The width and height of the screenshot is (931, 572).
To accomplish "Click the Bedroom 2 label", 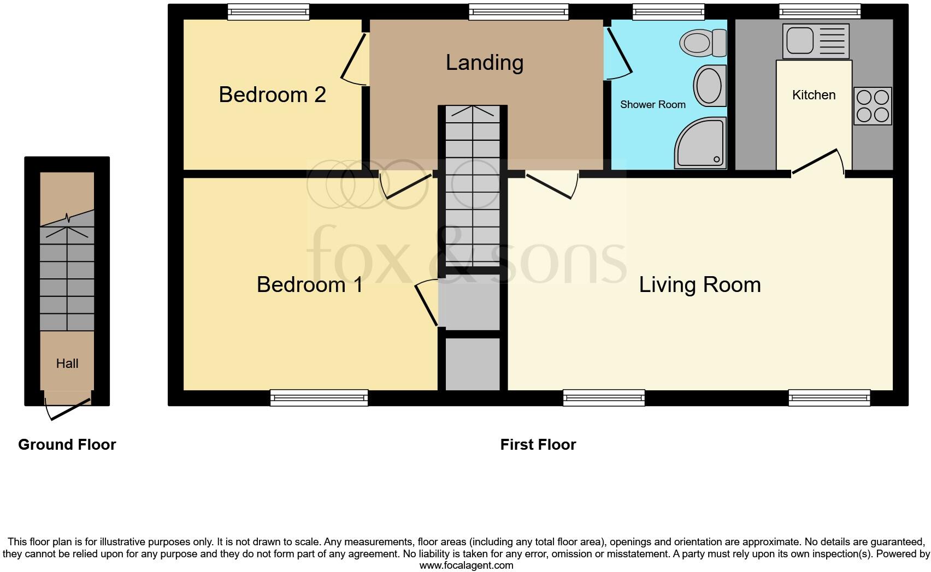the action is pyautogui.click(x=272, y=94).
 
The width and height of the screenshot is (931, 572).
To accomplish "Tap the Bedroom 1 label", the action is pyautogui.click(x=310, y=285).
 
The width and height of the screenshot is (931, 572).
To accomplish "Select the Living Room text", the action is pyautogui.click(x=700, y=285).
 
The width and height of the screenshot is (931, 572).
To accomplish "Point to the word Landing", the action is pyautogui.click(x=485, y=63).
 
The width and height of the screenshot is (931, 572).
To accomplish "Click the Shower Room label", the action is pyautogui.click(x=653, y=105).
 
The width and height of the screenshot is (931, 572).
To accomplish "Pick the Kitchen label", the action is pyautogui.click(x=814, y=95).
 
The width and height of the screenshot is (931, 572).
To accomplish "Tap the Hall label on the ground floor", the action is pyautogui.click(x=67, y=364).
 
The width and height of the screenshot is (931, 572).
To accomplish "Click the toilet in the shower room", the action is pyautogui.click(x=703, y=43).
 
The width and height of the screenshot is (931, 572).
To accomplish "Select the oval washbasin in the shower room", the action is pyautogui.click(x=710, y=86).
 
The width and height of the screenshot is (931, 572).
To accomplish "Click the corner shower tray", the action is pyautogui.click(x=701, y=143).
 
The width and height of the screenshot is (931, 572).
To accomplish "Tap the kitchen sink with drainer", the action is pyautogui.click(x=816, y=41).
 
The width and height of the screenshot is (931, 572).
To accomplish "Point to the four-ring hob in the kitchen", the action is pyautogui.click(x=873, y=106).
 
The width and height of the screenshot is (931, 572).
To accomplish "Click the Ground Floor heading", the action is pyautogui.click(x=67, y=445).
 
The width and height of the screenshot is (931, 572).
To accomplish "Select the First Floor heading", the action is pyautogui.click(x=538, y=445).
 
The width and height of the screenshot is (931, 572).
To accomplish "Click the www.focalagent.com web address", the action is pyautogui.click(x=467, y=565).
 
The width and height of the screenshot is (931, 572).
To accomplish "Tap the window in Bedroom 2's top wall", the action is pyautogui.click(x=268, y=12).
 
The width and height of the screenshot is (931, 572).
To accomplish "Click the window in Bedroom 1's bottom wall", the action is pyautogui.click(x=319, y=398).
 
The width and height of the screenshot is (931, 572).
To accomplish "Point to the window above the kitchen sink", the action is pyautogui.click(x=820, y=11).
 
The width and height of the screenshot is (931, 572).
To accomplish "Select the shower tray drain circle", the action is pyautogui.click(x=716, y=159).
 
